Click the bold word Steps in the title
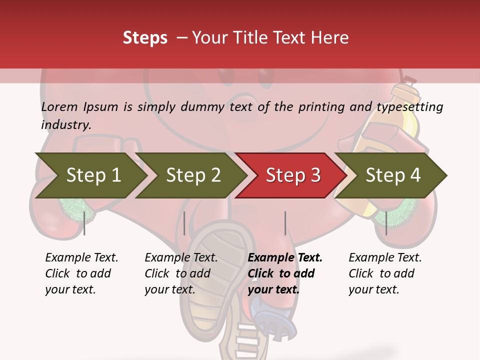[x=145, y=38]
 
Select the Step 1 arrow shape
[x=90, y=175]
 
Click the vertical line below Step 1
[x=84, y=223]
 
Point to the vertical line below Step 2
[x=184, y=223]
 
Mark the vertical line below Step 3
[x=285, y=223]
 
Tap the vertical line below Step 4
[x=386, y=223]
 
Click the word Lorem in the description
[x=59, y=106]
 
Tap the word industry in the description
[x=66, y=125]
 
